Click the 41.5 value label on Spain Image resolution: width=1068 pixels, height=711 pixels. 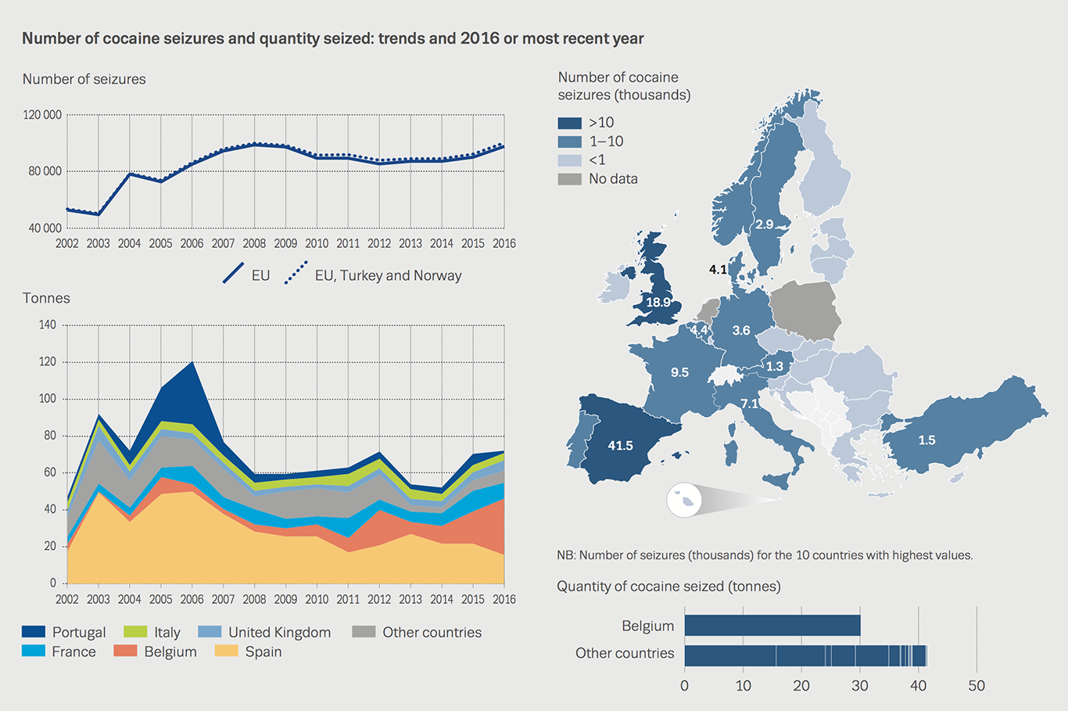click(620, 445)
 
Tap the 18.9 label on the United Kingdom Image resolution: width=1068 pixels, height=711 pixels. click(658, 302)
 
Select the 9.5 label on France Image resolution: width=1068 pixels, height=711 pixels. click(679, 372)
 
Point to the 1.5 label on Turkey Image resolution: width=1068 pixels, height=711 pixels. click(926, 440)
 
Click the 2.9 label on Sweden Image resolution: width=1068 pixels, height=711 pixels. click(764, 224)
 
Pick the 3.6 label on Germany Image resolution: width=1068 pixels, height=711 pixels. click(741, 330)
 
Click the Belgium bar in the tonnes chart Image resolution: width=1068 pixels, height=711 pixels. click(772, 625)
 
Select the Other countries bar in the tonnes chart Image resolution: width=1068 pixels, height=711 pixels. click(805, 655)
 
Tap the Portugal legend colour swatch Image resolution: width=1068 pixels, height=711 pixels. click(34, 631)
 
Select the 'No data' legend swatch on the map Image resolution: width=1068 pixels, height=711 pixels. click(569, 179)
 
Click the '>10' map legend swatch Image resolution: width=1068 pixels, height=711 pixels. click(569, 123)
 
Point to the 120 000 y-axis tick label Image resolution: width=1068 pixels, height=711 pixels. click(42, 115)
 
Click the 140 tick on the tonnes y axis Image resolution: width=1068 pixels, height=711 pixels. click(48, 325)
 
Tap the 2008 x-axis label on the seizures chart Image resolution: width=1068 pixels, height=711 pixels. click(254, 243)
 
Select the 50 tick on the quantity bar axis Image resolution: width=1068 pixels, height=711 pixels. click(977, 686)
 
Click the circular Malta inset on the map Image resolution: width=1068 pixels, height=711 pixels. click(684, 500)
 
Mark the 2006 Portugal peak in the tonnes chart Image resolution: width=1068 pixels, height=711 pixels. click(192, 365)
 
